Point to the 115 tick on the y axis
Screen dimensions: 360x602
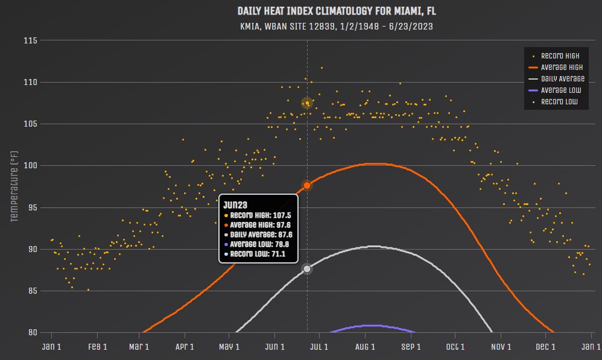point(30,40)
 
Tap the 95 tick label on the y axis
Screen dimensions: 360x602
point(31,207)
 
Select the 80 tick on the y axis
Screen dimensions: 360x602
point(31,332)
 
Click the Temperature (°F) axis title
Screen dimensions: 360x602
point(14,186)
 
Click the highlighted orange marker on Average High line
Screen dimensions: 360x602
point(307,185)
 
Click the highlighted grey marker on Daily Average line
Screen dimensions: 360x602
point(307,268)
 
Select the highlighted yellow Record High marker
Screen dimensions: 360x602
point(307,103)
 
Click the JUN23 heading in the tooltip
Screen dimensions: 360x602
point(235,204)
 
